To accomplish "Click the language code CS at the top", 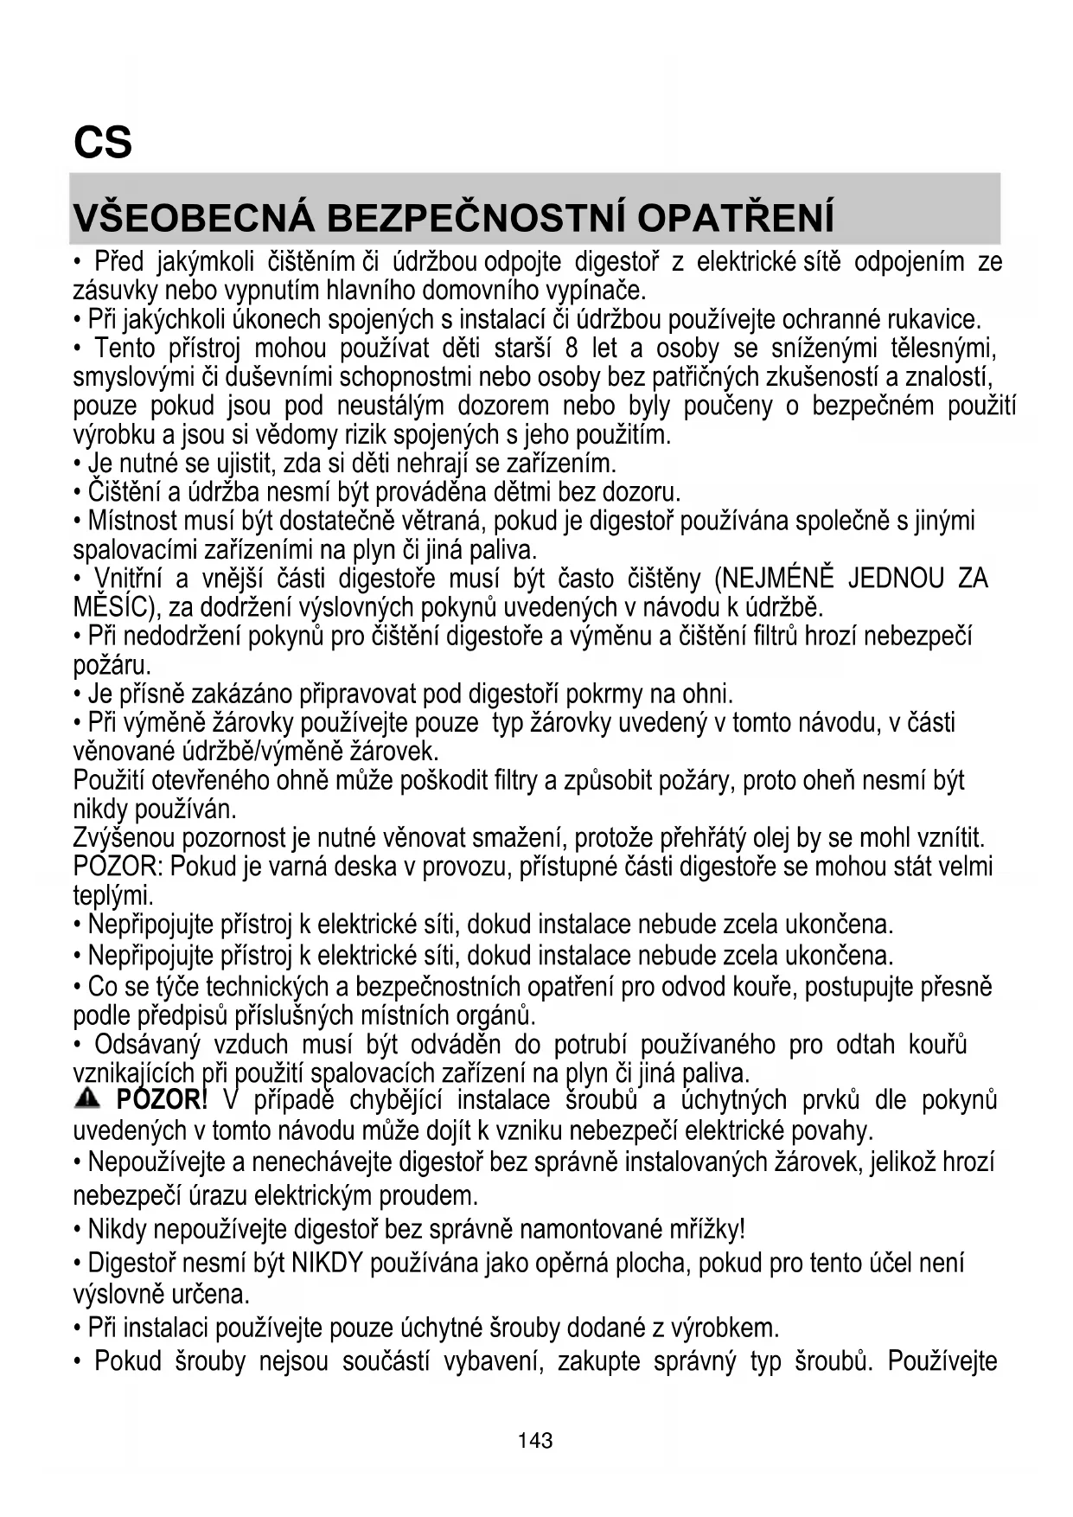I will [x=103, y=143].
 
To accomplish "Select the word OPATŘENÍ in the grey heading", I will [x=736, y=218].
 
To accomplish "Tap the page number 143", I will [x=535, y=1440].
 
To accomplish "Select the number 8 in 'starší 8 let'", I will [x=571, y=349].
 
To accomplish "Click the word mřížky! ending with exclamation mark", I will [x=701, y=1228].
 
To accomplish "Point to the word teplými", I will [x=112, y=895].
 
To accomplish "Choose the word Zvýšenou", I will [x=124, y=837].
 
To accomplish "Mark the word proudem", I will [x=430, y=1196].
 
